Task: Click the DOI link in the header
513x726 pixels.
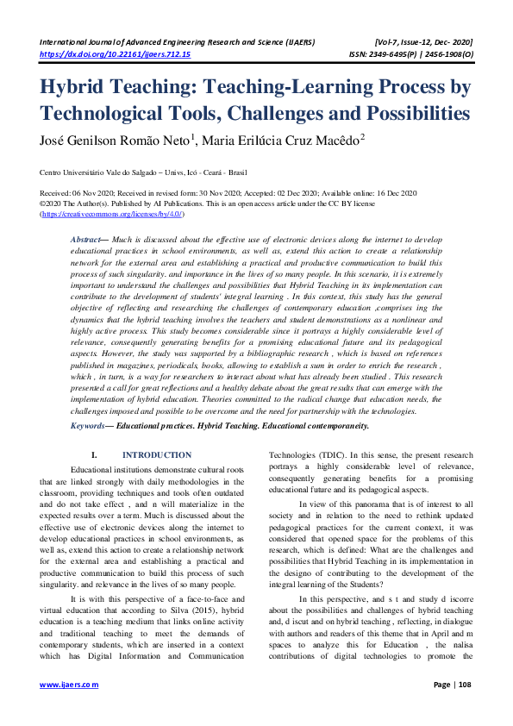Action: click(116, 53)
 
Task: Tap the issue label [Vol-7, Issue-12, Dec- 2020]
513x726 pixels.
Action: click(424, 41)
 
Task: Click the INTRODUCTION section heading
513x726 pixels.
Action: click(157, 454)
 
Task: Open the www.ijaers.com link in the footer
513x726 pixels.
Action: click(70, 709)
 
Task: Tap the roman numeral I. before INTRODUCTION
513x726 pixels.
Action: click(94, 454)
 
